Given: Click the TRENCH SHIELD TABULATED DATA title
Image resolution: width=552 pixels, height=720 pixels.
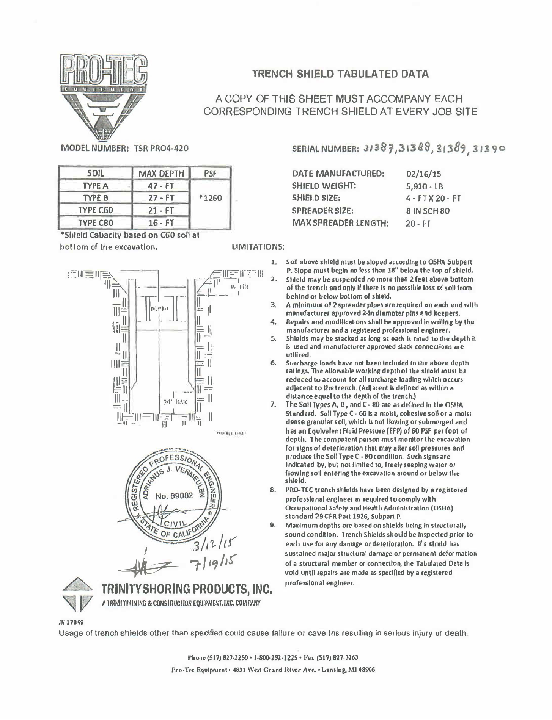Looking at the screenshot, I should point(341,74).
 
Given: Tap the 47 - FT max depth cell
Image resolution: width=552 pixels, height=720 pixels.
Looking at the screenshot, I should point(161,186).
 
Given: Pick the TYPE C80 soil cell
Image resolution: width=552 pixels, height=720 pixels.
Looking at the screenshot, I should point(96,222).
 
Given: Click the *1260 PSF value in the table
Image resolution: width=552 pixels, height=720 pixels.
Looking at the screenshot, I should point(210,198).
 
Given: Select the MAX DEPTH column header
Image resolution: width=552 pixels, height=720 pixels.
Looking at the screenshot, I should point(161,174).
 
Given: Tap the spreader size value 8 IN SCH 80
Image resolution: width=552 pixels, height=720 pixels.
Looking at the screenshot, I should point(428,211).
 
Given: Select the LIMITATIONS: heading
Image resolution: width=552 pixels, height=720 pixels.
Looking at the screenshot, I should point(258,247).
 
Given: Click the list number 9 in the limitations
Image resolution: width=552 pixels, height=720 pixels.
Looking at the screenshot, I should point(272,526).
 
